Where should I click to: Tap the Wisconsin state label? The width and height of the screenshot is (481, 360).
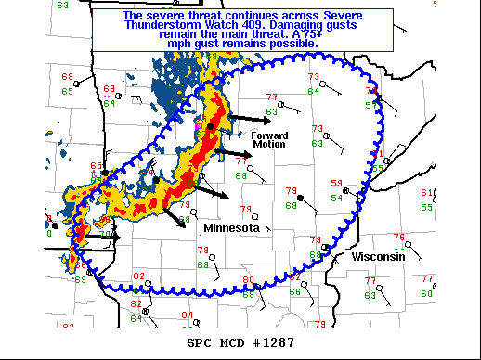pyautogui.click(x=378, y=256)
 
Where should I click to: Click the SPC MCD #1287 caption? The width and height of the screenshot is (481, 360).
pyautogui.click(x=241, y=342)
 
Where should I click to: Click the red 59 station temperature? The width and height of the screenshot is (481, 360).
pyautogui.click(x=336, y=184)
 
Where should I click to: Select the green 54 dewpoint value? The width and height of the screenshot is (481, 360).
pyautogui.click(x=336, y=198)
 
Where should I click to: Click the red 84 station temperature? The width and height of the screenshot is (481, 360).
pyautogui.click(x=187, y=315)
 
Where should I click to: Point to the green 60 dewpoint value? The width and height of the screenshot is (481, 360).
pyautogui.click(x=427, y=293)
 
